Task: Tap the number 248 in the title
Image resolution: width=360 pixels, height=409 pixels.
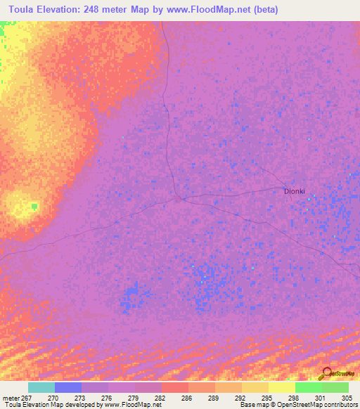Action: point(100,10)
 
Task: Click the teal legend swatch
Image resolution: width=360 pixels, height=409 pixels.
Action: point(41,387)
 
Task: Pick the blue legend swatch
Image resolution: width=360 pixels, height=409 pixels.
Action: point(68,387)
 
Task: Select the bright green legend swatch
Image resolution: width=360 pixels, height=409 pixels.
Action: point(309,387)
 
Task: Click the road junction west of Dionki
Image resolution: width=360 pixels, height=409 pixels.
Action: point(181,198)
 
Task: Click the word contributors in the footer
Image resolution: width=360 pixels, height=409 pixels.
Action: point(340,405)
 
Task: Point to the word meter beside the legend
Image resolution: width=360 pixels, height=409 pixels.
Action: point(11,397)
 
